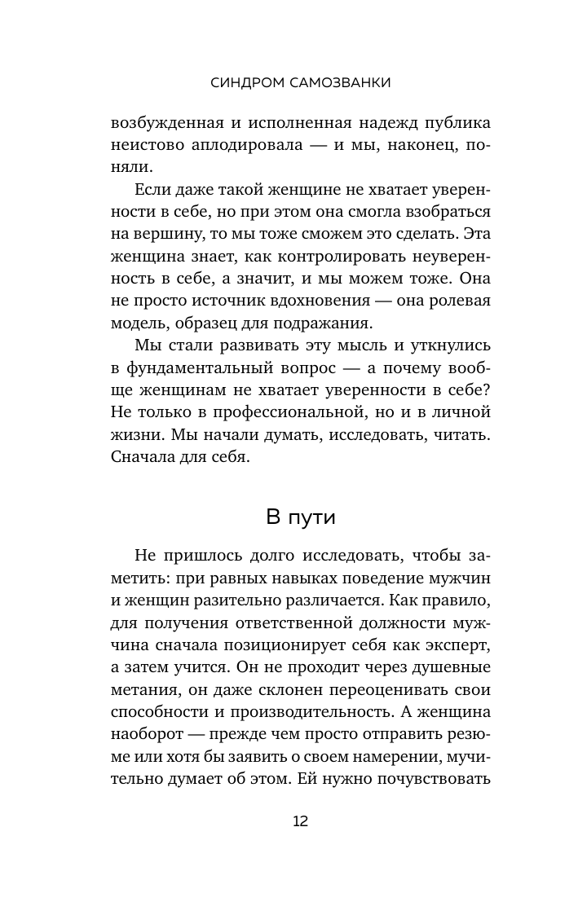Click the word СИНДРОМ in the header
(x=243, y=81)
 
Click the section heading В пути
(x=300, y=517)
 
